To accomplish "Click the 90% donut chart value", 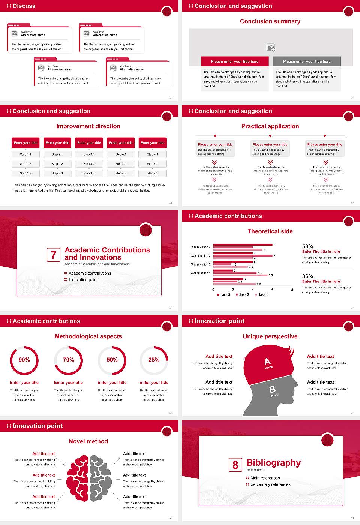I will (24, 360).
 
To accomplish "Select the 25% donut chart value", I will (154, 360).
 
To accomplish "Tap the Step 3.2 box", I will (89, 164).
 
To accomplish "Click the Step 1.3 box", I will (25, 173).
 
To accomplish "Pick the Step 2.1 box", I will (57, 154).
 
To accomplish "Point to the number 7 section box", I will (53, 255).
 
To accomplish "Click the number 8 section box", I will (235, 465).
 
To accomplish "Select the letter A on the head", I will (267, 361).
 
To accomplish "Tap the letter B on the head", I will (273, 390).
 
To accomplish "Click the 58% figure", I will (308, 246).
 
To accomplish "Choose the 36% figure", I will (308, 276).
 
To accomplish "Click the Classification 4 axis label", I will (201, 247).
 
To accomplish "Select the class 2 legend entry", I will (243, 294).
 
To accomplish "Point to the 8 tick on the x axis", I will (292, 289).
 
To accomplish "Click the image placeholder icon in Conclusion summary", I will (271, 47).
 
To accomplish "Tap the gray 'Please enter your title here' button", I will (307, 61).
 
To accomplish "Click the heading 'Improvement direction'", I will (88, 126).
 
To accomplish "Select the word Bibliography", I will (274, 463).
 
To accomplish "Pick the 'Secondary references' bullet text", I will (270, 484).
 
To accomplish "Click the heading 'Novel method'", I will (88, 441).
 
